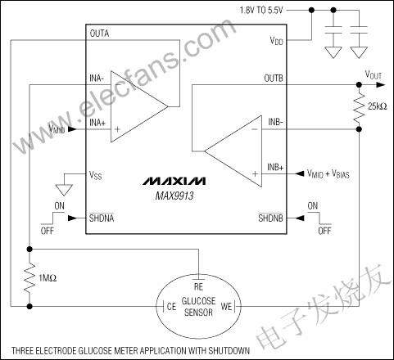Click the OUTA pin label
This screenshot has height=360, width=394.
100,34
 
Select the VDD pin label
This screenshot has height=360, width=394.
277,39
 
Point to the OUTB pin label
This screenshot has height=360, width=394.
274,79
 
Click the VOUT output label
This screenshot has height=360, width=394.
373,74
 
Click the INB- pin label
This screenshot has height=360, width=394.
274,124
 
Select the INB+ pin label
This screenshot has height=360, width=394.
274,167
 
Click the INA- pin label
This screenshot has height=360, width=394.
97,79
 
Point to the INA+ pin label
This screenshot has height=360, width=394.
97,123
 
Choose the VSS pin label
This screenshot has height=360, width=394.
97,174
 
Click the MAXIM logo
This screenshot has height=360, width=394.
173,179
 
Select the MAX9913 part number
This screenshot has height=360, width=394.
173,196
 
